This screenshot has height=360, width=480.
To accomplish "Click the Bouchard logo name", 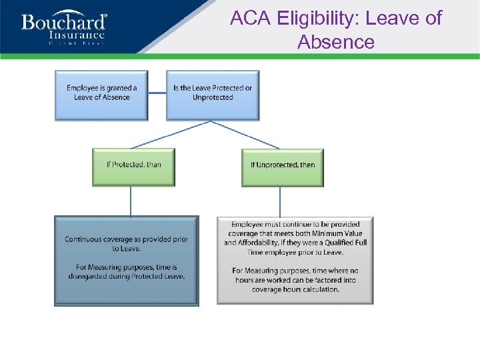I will (64, 23).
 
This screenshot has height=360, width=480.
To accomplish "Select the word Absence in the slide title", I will (336, 42).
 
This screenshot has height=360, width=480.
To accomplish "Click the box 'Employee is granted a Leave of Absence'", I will (101, 95).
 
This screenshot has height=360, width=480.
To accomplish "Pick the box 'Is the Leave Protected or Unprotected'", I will (213, 95).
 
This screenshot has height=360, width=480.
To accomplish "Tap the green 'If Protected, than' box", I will (133, 166).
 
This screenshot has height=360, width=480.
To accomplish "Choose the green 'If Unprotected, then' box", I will (282, 167).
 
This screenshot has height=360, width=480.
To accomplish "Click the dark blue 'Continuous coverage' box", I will (126, 260).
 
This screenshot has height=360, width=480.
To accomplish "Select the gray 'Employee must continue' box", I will (295, 260).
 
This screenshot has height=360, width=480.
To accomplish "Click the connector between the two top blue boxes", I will (157, 93).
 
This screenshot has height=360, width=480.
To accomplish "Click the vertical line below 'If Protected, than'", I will (131, 201).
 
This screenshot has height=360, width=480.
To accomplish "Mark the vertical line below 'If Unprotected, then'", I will (280, 201).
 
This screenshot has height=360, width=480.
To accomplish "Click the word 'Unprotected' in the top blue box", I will (213, 97).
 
